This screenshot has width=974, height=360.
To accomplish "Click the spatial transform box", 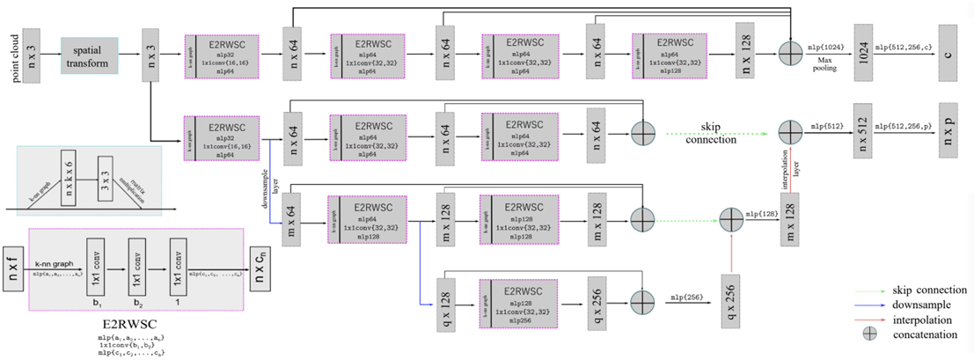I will (x=90, y=55).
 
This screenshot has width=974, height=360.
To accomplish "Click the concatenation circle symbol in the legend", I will (x=866, y=336).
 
